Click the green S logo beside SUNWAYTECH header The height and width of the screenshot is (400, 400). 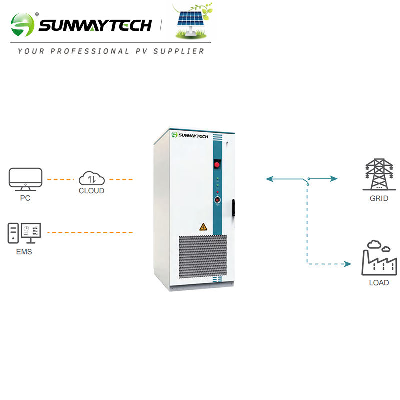pos(22,25)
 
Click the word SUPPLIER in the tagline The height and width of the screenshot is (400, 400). pos(179,51)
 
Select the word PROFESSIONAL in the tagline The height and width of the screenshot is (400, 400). pos(90,51)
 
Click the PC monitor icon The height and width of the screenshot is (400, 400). pos(26,179)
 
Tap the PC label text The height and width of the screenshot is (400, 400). pos(25,198)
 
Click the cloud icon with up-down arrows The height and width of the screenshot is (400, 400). pos(92,178)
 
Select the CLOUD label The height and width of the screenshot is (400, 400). pos(92,191)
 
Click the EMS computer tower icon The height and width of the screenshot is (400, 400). pos(13,233)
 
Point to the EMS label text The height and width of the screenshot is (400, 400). pos(24,252)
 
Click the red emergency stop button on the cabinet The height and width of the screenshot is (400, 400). pos(217,165)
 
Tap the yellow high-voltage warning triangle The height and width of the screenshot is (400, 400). pos(203,227)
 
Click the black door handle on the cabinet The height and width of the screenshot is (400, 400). pos(233,208)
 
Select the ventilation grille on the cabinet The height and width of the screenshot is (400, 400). pos(203,256)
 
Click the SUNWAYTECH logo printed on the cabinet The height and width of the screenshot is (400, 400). pos(190,135)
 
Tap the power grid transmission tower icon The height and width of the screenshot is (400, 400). pos(379,174)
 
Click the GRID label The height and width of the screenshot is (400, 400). pos(379,198)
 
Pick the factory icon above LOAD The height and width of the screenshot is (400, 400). pos(379,258)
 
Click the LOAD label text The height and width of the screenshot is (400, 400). pos(379,283)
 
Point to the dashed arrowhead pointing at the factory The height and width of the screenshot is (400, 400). pos(348,264)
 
